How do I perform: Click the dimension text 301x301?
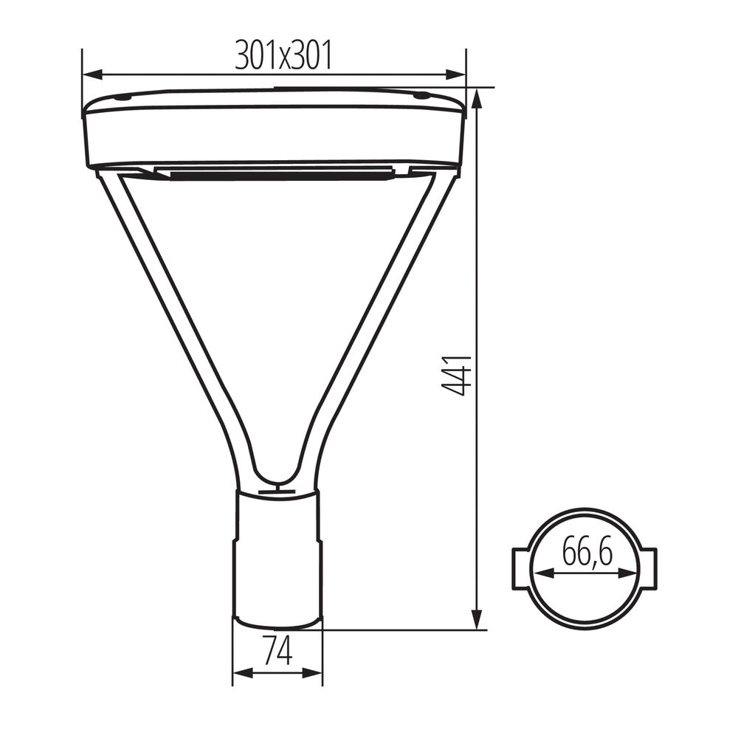(x=283, y=55)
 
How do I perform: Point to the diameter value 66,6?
(x=587, y=552)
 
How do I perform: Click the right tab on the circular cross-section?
(x=647, y=568)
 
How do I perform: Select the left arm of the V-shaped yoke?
(x=170, y=317)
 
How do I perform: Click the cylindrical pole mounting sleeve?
(x=277, y=557)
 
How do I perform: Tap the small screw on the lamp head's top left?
(x=123, y=97)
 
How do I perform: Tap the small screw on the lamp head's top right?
(x=421, y=95)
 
